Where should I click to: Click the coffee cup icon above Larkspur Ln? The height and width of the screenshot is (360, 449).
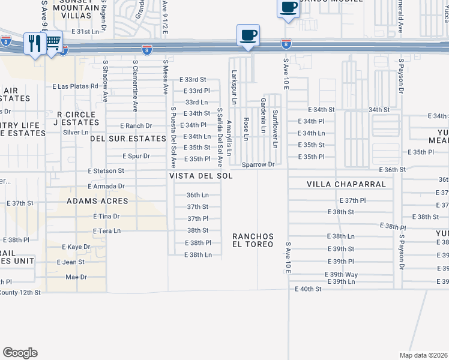[248, 35]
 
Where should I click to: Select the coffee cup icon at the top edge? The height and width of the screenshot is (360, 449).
[288, 7]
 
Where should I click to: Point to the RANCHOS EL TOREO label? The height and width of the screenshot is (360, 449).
[253, 240]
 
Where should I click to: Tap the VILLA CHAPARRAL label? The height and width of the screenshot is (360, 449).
[346, 184]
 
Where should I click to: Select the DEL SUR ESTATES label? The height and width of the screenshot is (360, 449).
[127, 138]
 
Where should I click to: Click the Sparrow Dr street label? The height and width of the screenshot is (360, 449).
[258, 164]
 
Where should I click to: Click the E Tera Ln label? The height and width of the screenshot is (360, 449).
[107, 230]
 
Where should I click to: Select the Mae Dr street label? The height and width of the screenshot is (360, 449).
[76, 277]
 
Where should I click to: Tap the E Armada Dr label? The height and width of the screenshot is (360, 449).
[105, 187]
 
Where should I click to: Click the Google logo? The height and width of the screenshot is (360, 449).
[20, 353]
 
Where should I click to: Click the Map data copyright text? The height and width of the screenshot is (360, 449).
[424, 355]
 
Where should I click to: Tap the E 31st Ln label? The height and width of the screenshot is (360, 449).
[84, 31]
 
